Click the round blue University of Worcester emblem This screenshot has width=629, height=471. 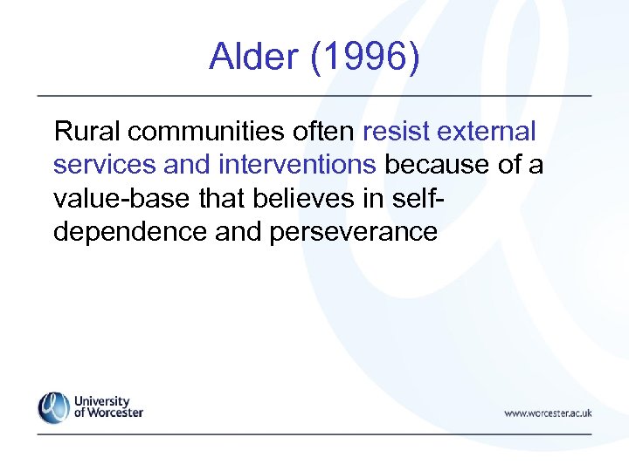pos(53,407)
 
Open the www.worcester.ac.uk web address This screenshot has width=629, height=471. pos(548,413)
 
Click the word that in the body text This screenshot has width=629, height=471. pos(218,198)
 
